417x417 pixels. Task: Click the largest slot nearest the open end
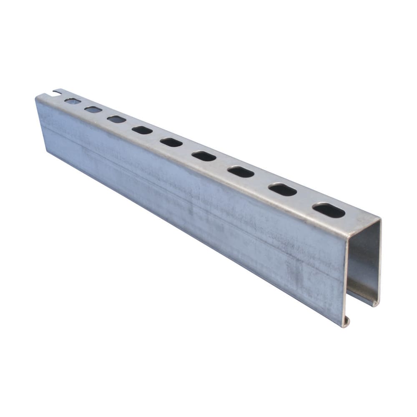329,211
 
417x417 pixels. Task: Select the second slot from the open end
282,190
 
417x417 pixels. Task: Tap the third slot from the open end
241,171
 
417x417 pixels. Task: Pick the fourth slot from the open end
204,156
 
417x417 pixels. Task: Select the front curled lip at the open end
346,322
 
